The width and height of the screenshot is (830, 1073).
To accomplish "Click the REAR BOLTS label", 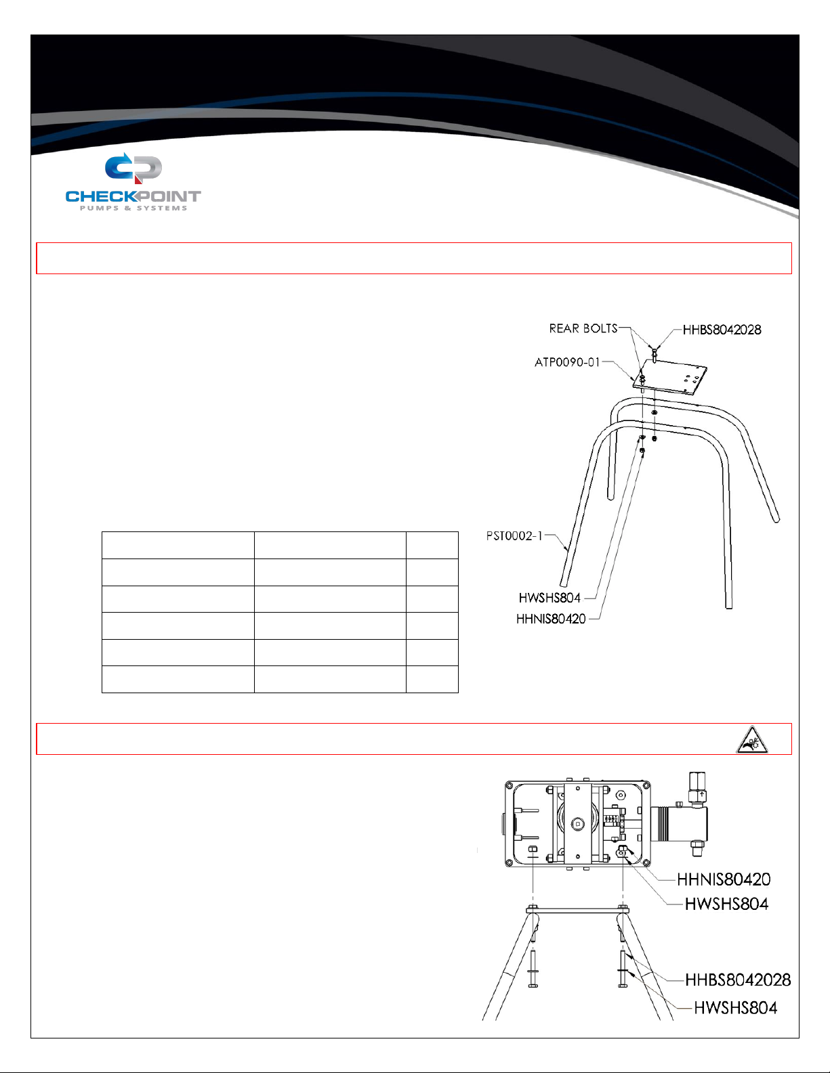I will coord(583,328).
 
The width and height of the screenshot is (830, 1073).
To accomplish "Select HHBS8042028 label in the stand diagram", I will coord(722,330).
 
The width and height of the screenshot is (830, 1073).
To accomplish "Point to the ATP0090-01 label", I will coord(567,362).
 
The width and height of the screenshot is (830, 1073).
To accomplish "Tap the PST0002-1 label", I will coord(514,535).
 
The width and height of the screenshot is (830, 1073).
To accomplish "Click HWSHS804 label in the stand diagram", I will coord(549,598).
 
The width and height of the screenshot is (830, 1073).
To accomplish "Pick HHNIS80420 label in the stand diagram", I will coord(550,619).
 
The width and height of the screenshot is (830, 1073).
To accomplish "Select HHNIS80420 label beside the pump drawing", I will coord(724,879).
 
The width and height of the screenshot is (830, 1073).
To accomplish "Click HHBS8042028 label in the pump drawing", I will coord(738,980).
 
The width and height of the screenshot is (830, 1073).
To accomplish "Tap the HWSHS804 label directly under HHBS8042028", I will coord(735,1008).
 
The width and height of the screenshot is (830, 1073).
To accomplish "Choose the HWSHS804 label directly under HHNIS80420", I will coord(726,904).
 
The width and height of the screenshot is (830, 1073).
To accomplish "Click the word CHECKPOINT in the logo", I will coord(133,196).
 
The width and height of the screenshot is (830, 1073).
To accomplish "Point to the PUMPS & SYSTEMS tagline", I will coord(133,209).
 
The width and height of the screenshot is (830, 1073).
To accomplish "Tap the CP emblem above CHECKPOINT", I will coord(133,168).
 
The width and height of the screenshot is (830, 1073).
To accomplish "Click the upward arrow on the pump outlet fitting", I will coord(702,795).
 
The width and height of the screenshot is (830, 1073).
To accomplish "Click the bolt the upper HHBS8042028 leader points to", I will coord(654,354).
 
